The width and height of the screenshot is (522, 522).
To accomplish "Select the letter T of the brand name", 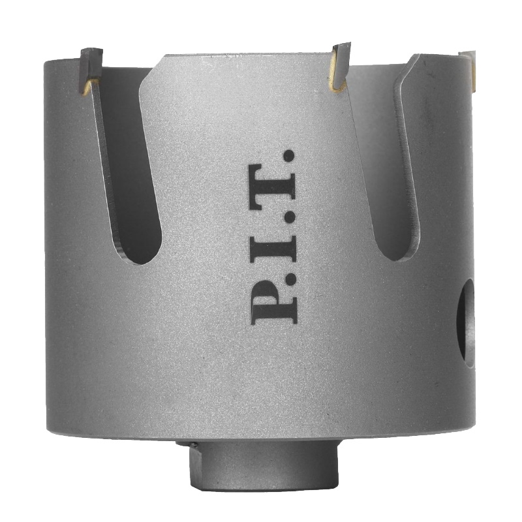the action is [273, 189].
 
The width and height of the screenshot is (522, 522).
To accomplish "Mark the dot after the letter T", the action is [289, 157].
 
